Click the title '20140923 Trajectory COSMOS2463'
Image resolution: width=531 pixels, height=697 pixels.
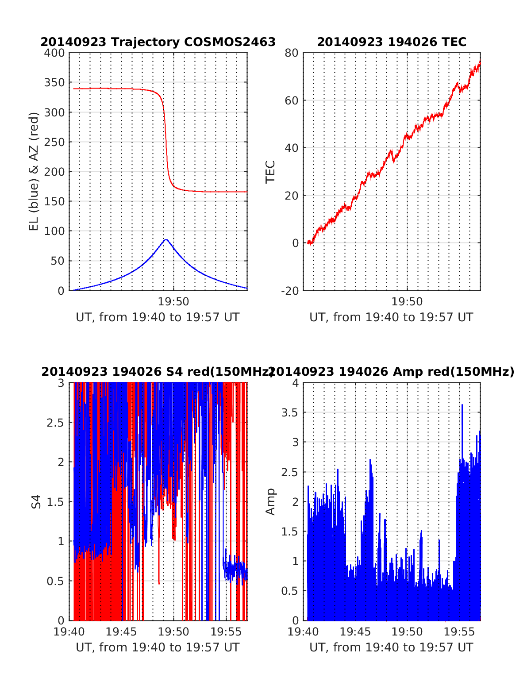158,42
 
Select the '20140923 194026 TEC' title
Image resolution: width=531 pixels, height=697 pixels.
392,42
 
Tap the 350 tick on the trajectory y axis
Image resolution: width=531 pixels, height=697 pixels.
55,83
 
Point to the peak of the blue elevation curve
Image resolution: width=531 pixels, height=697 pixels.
166,239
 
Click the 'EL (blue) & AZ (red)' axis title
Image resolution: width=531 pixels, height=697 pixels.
34,171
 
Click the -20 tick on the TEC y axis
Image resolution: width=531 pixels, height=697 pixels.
289,291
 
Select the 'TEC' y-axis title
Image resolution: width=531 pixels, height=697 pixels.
270,172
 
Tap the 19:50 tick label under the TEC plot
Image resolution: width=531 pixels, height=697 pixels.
407,302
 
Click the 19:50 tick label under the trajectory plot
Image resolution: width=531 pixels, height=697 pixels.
173,302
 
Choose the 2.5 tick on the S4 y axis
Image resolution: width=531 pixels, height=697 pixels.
56,422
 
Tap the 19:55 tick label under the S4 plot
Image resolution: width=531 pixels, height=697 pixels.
226,632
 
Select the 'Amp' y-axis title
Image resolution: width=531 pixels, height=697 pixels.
270,501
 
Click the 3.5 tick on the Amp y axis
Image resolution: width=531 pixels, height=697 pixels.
290,412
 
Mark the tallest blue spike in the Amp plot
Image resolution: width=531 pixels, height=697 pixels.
462,405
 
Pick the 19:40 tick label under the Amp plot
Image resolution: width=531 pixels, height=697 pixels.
303,632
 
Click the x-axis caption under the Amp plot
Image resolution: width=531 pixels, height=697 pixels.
391,647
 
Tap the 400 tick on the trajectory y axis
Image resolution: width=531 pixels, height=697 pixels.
55,53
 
